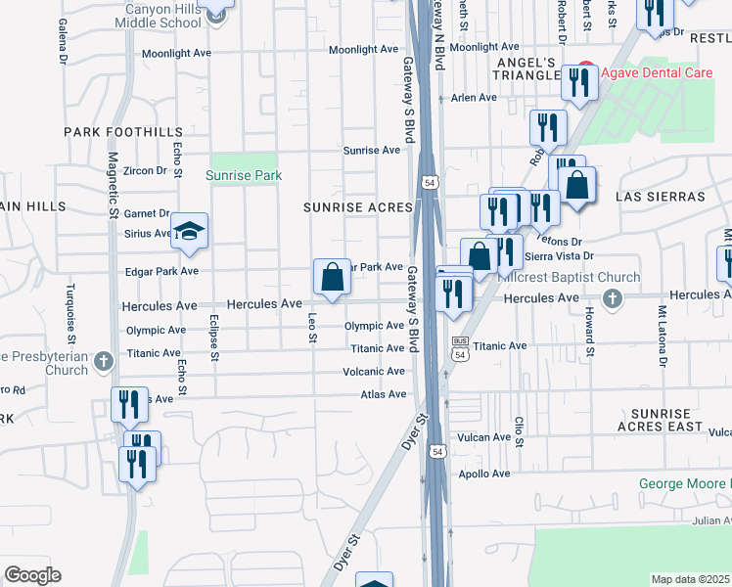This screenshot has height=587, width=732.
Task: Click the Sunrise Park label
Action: [x=244, y=176]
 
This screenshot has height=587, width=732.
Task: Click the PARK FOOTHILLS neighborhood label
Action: [x=123, y=132]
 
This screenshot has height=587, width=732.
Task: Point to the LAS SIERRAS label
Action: [x=660, y=197]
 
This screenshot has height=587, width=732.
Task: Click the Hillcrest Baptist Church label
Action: [x=569, y=278]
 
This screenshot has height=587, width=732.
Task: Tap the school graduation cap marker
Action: [x=189, y=231]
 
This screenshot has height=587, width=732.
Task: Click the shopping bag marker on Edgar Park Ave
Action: [x=332, y=277]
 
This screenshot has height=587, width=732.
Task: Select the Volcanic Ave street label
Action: [x=373, y=372]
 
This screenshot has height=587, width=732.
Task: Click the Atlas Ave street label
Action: [x=383, y=394]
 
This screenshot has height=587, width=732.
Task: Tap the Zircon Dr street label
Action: [x=147, y=170]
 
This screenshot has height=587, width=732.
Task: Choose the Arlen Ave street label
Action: [x=475, y=98]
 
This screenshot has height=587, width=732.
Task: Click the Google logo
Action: [x=32, y=575]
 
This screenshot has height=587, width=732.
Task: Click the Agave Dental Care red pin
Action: [x=585, y=71]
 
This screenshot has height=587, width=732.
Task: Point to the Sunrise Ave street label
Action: [x=372, y=151]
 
